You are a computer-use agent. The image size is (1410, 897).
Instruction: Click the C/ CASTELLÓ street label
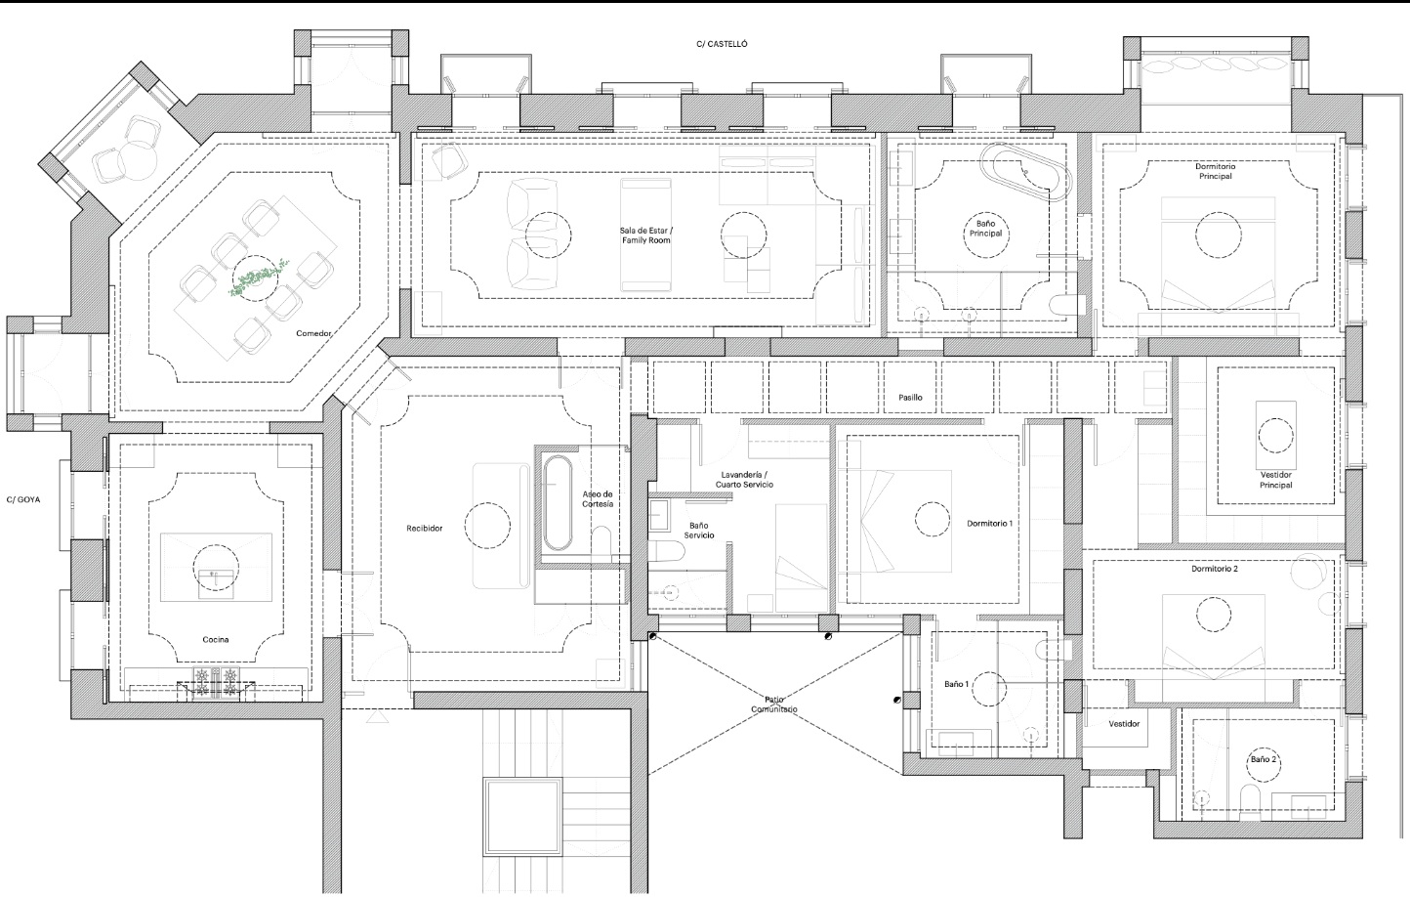[722, 44]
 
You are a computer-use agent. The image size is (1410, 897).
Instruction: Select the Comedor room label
[314, 334]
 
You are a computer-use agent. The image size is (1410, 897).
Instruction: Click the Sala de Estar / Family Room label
[645, 235]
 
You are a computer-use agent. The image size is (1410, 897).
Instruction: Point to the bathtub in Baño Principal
[1027, 173]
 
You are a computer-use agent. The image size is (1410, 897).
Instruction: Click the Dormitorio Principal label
[1215, 171]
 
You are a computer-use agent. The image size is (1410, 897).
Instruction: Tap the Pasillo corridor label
[910, 398]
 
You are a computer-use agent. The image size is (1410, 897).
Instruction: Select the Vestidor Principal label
[1275, 480]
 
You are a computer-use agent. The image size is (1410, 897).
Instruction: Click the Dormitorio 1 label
[989, 524]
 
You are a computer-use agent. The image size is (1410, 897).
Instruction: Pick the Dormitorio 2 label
[1214, 569]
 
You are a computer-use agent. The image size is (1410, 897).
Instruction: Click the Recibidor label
[425, 529]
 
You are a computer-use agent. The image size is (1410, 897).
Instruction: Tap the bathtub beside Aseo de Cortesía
[559, 500]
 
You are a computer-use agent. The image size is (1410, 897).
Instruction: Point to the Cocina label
[216, 640]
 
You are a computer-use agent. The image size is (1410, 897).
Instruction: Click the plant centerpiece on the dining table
[256, 278]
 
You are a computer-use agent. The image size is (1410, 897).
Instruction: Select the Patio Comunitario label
[774, 705]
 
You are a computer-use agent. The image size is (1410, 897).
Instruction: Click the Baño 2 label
[1263, 759]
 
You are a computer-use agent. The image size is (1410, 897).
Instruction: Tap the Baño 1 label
[956, 685]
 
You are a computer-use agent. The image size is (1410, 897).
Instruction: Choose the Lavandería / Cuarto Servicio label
[744, 479]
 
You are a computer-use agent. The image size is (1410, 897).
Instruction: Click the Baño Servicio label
[698, 531]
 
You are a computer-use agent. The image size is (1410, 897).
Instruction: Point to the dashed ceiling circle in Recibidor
[487, 525]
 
